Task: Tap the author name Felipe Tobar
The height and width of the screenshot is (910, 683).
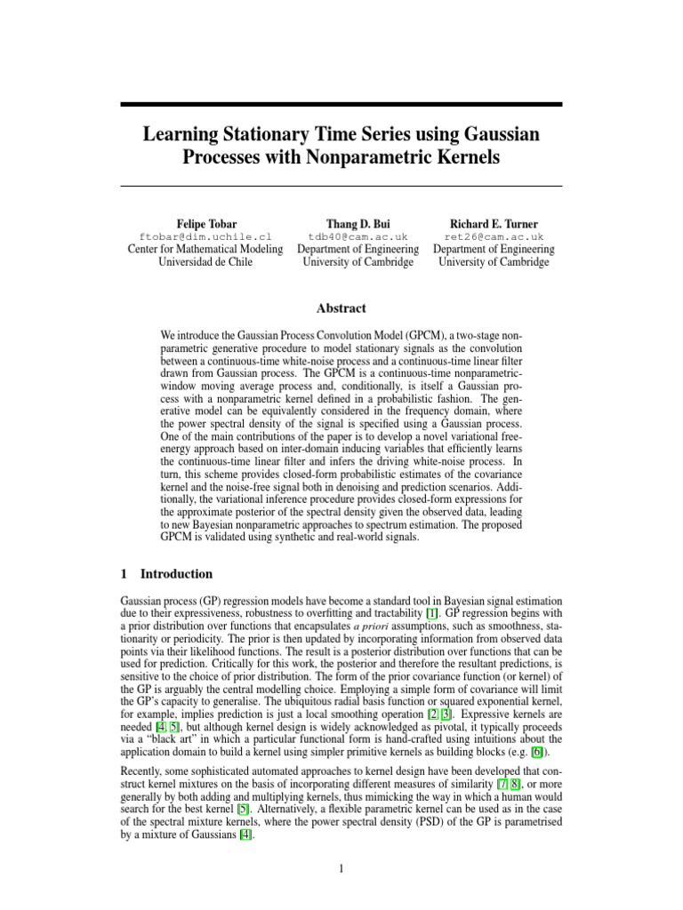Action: pos(205,223)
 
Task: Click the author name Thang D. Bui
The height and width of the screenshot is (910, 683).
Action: pos(358,223)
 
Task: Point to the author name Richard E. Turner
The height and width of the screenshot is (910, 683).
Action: pos(494,223)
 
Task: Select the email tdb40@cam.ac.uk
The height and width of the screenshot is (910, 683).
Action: pos(358,237)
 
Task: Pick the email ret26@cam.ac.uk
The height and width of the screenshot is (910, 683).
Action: pos(494,237)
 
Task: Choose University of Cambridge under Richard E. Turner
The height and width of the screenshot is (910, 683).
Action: pos(494,263)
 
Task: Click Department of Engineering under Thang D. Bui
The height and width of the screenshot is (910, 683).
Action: pos(358,250)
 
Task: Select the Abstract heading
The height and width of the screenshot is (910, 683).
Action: pos(341,308)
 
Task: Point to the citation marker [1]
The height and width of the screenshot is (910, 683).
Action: pos(431,614)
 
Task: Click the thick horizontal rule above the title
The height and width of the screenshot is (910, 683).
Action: pos(341,105)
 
